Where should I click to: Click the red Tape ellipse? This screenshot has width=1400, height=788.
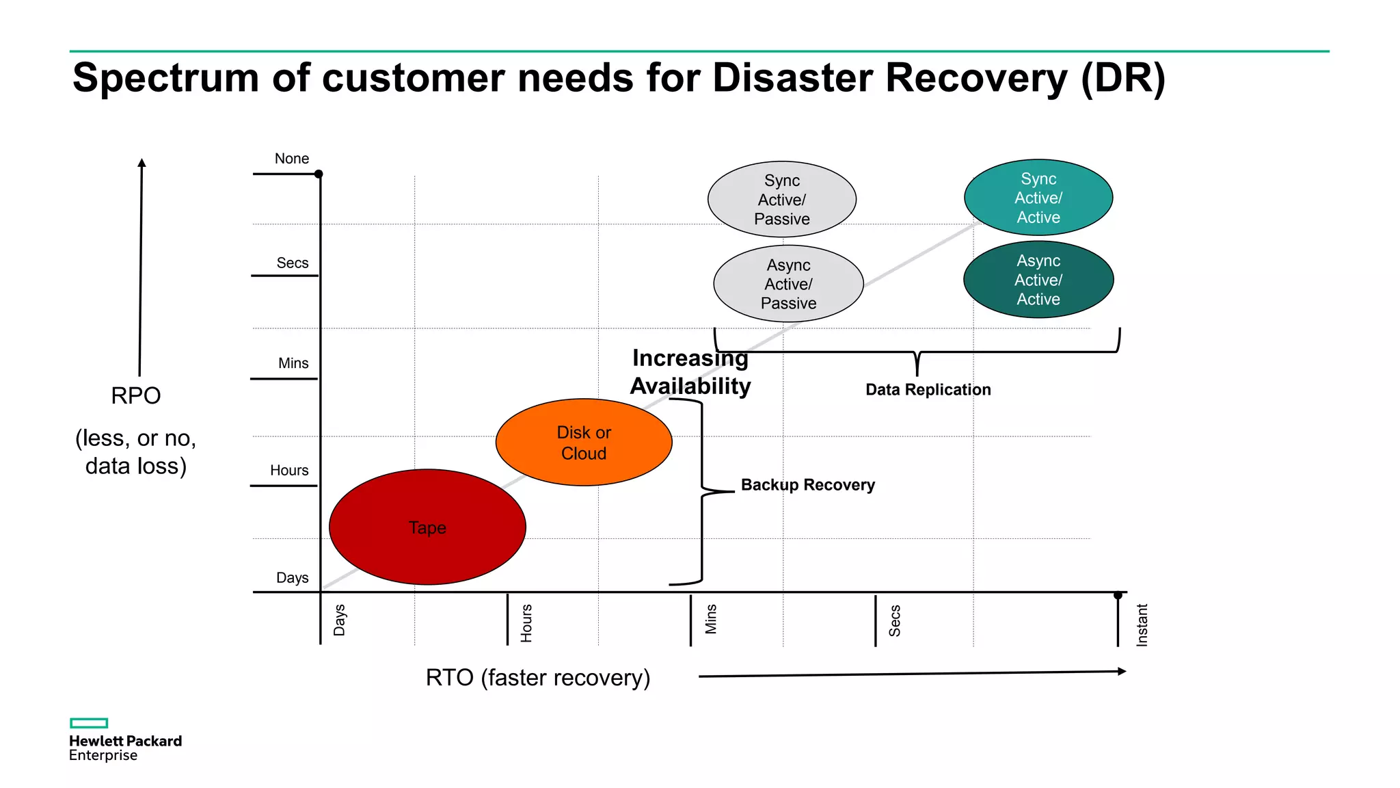[427, 527]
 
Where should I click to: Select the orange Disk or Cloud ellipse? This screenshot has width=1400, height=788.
[584, 443]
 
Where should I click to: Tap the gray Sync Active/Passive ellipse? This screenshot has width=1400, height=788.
[781, 200]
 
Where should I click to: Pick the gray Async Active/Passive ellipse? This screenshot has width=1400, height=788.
[788, 284]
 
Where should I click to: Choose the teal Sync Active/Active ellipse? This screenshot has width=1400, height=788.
[1038, 198]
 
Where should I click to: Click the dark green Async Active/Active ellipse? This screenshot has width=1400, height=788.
[1038, 280]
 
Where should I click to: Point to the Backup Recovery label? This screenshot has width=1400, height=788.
[807, 485]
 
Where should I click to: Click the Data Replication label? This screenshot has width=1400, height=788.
[928, 390]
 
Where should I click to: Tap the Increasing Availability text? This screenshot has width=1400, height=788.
[690, 372]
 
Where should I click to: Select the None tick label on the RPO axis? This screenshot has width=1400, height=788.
[292, 159]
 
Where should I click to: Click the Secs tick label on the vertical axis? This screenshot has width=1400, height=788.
[293, 263]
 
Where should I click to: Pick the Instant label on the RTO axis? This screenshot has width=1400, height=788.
[1142, 625]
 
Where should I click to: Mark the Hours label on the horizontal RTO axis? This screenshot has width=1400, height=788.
[526, 622]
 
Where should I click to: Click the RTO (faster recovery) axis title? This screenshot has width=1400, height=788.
[538, 678]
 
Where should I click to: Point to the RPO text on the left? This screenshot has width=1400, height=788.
[136, 396]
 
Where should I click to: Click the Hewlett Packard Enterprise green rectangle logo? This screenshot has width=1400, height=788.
[89, 723]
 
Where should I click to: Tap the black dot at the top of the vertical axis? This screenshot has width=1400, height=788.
[319, 174]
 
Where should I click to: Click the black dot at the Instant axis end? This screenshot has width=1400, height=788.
[1118, 595]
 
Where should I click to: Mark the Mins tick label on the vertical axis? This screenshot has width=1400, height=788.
[293, 364]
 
